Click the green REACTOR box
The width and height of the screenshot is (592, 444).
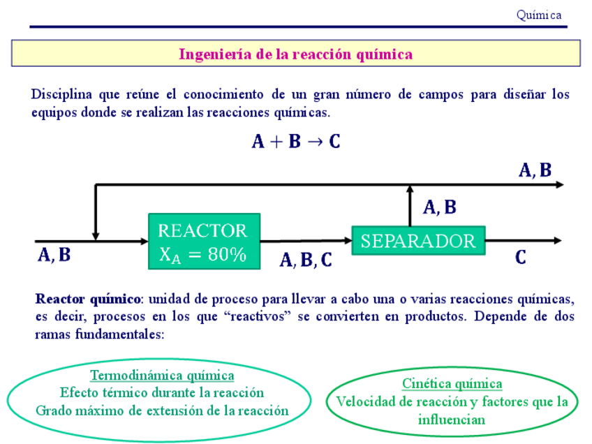pyautogui.click(x=204, y=241)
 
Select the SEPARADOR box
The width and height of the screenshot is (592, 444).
pyautogui.click(x=417, y=241)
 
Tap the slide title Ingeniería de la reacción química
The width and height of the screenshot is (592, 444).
pyautogui.click(x=295, y=54)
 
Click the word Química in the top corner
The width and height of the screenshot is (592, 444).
pyautogui.click(x=538, y=15)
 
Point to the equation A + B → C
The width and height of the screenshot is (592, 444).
pyautogui.click(x=296, y=142)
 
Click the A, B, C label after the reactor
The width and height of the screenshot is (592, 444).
pyautogui.click(x=306, y=261)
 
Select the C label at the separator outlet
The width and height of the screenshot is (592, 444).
pyautogui.click(x=521, y=258)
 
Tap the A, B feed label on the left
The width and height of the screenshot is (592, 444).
pyautogui.click(x=54, y=256)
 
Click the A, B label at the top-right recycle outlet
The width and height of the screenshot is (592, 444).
pyautogui.click(x=535, y=170)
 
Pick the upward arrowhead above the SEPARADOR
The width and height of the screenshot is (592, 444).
pyautogui.click(x=410, y=189)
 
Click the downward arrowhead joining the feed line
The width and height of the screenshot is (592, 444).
pyautogui.click(x=96, y=237)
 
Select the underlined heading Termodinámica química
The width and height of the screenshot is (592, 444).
pyautogui.click(x=162, y=376)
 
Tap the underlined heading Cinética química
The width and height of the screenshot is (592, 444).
pyautogui.click(x=452, y=384)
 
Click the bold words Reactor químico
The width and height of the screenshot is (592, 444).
pyautogui.click(x=87, y=299)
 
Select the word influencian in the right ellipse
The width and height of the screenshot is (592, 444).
pyautogui.click(x=452, y=420)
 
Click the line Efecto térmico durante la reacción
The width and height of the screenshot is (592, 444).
pyautogui.click(x=162, y=392)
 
